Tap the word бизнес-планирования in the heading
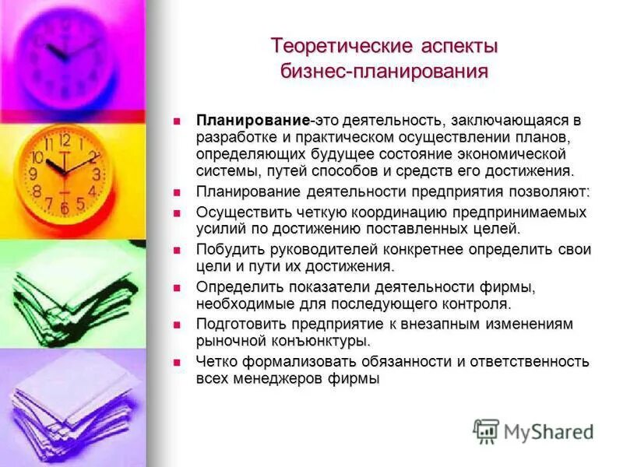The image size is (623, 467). tap(385, 72)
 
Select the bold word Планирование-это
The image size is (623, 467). tap(253, 121)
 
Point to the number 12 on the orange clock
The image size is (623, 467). tap(65, 140)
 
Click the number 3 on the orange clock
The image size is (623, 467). tap(96, 174)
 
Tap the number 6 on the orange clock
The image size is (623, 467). tap(65, 208)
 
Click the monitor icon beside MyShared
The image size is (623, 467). tap(486, 430)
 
